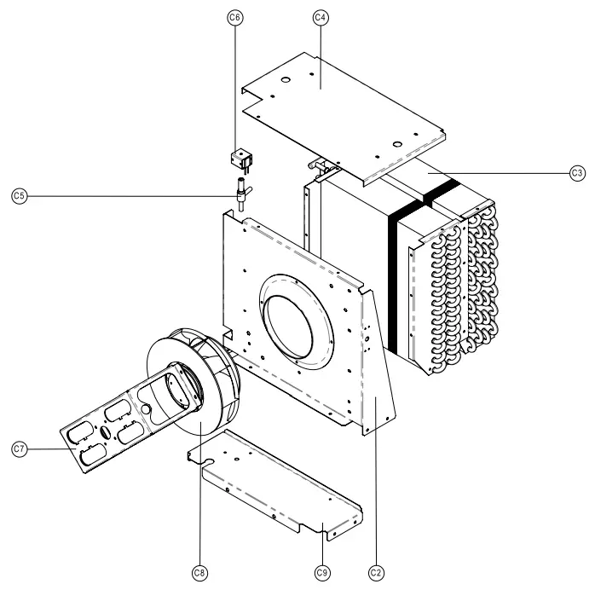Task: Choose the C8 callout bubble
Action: pos(199,572)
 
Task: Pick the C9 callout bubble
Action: pos(321,572)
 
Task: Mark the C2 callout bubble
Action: pos(375,572)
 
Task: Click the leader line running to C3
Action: pos(503,173)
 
